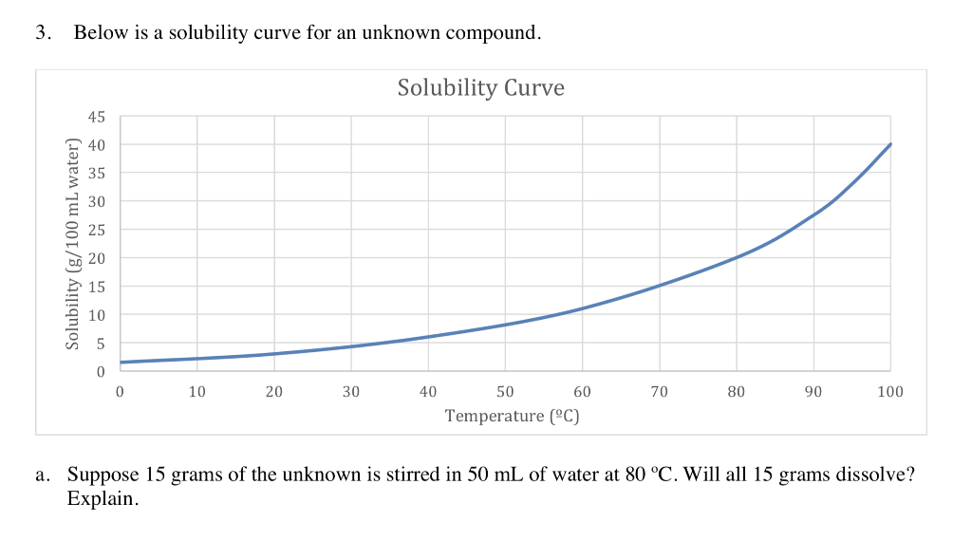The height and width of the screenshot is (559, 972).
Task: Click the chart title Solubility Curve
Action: pos(480,88)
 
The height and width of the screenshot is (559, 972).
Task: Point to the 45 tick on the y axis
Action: pos(96,117)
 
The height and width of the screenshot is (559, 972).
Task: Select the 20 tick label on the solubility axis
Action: pos(96,258)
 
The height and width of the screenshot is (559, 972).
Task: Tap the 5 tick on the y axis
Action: pos(100,343)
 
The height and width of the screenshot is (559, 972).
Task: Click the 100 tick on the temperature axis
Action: pos(890,392)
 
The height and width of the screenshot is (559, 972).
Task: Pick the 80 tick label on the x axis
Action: pos(737,392)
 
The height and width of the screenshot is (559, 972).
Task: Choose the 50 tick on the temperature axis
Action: pos(505,392)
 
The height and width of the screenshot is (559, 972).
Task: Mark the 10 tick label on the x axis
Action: pos(196,392)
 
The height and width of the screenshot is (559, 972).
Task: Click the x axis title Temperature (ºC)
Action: pos(512,416)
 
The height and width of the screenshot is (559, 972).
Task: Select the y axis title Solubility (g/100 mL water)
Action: pos(71,243)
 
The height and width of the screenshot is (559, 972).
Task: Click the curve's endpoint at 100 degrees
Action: pos(890,144)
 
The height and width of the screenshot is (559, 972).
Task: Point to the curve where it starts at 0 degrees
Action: pos(121,362)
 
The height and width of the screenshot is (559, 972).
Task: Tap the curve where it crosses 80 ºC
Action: pos(737,257)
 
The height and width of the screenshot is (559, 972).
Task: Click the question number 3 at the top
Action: pos(41,33)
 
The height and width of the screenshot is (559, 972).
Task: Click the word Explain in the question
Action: pos(102,498)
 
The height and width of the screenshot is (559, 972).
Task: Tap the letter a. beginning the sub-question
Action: pos(44,475)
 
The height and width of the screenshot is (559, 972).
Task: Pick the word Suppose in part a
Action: pos(103,475)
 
